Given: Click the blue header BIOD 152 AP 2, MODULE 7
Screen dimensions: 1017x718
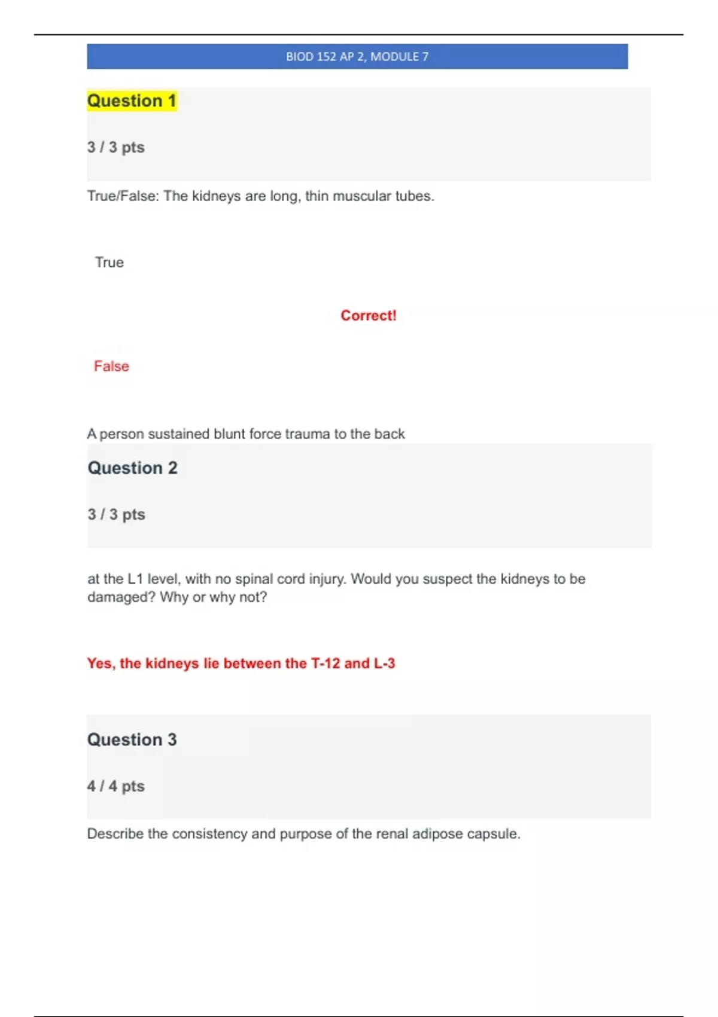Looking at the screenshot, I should coord(357,57).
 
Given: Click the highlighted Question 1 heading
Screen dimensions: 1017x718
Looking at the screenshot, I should coord(132,101).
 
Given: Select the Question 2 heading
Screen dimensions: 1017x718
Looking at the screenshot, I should coord(132,468).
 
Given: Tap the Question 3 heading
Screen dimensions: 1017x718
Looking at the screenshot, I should coord(132,739).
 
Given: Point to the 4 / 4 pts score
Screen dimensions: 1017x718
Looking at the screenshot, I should coord(115,786).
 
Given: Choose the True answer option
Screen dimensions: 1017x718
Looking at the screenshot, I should coord(109,263).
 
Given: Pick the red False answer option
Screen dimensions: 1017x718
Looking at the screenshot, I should coord(111,366).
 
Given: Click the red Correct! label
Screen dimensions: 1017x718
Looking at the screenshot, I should coord(369,315).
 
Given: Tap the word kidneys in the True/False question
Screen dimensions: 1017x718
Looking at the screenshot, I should coord(216,196).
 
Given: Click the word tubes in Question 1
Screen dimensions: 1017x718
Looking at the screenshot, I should coord(414,196).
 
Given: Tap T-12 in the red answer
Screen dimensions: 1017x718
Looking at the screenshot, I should coord(325,663).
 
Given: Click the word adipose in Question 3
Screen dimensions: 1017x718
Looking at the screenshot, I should coord(437,834).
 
